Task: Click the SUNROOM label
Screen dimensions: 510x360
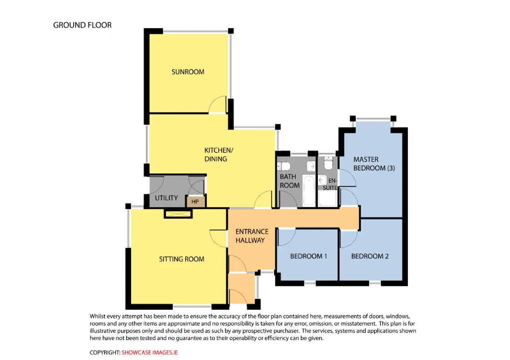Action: click(x=188, y=72)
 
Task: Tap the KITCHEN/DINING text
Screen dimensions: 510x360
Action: click(x=219, y=155)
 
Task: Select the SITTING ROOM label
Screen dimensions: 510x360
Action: click(x=181, y=259)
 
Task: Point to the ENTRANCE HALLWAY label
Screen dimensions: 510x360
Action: click(x=251, y=236)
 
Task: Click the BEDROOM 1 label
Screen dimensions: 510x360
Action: click(x=308, y=256)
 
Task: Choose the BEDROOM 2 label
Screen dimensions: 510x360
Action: click(x=370, y=256)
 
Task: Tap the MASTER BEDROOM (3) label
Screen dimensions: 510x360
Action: click(x=374, y=164)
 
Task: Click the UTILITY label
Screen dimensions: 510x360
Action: click(x=166, y=198)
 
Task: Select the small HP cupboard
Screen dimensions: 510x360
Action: click(x=196, y=202)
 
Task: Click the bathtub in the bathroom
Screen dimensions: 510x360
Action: click(x=309, y=191)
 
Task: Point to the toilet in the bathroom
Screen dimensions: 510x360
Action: click(x=284, y=166)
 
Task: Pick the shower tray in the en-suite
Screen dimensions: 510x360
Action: click(x=328, y=198)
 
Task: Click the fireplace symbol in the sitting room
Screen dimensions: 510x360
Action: click(x=178, y=214)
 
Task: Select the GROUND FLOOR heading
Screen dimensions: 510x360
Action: click(x=82, y=25)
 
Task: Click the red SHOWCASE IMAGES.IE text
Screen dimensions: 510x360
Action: click(x=149, y=352)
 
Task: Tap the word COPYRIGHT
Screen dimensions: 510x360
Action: click(x=104, y=352)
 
